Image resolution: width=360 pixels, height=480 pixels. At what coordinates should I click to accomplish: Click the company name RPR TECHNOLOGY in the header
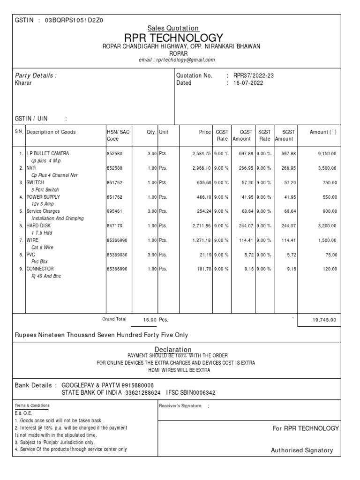(x=173, y=38)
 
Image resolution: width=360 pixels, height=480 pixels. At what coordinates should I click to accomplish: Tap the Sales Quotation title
(x=173, y=28)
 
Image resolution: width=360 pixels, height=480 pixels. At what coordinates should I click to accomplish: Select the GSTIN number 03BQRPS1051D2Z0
(x=74, y=21)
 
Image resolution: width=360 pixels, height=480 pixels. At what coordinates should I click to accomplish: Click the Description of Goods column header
(x=51, y=132)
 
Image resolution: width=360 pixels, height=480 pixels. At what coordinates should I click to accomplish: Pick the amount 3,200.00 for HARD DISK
(x=327, y=226)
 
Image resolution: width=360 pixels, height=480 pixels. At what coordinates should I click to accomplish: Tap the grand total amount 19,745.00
(x=324, y=320)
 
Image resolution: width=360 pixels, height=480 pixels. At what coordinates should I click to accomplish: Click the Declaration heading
(x=173, y=349)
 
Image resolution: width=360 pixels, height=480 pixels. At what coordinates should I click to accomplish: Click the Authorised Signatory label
(x=302, y=450)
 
